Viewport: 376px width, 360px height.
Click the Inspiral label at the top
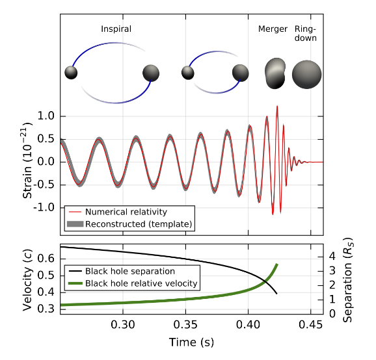(x=116, y=29)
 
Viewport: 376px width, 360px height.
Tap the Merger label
(x=273, y=29)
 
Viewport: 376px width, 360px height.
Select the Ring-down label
(x=306, y=34)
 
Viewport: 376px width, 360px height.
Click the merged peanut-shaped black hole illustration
(x=276, y=73)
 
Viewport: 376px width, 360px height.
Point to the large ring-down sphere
(x=306, y=74)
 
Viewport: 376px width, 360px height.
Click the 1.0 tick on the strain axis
(x=46, y=116)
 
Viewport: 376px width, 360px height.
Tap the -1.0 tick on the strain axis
(x=44, y=208)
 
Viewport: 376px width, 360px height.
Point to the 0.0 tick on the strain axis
(x=46, y=162)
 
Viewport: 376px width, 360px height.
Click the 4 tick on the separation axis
(x=332, y=256)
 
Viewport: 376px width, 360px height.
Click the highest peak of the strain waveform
(x=276, y=106)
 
